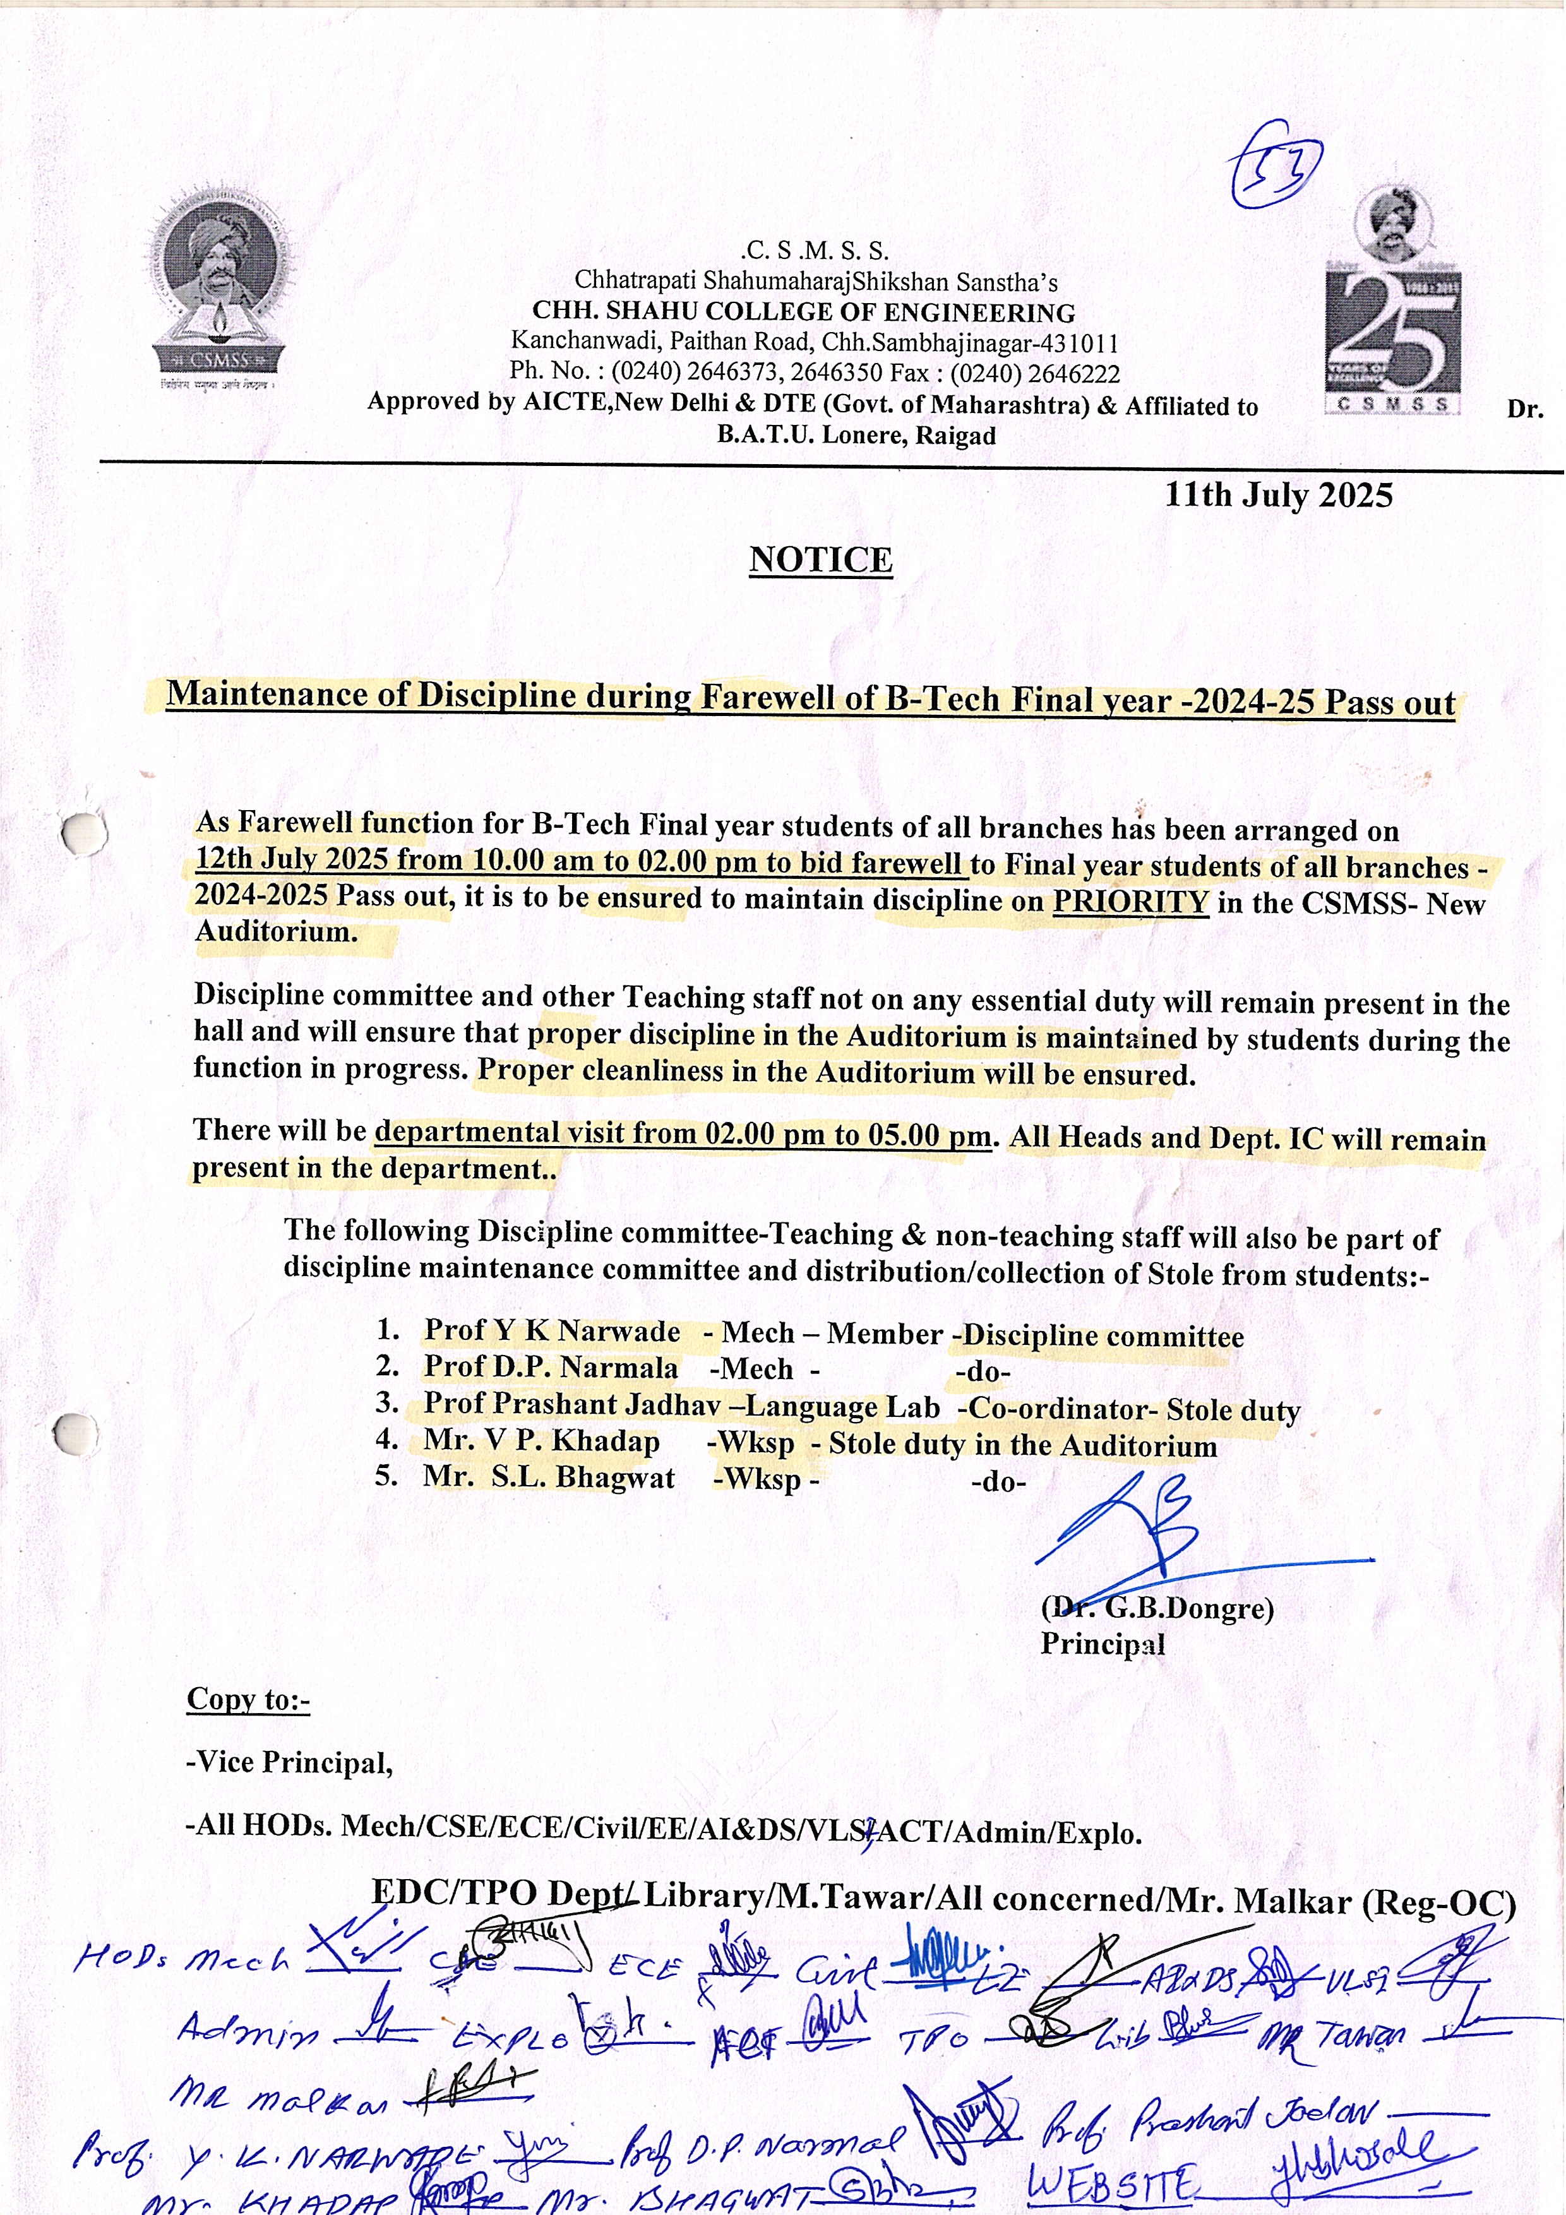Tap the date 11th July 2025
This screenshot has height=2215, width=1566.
point(1279,495)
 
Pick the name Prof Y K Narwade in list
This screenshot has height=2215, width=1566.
point(552,1331)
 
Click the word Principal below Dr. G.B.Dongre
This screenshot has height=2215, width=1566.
point(1102,1644)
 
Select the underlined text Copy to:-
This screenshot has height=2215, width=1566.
point(248,1700)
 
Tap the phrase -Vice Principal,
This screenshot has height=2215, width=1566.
point(289,1762)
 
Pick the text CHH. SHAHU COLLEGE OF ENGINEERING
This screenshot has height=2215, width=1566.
point(804,313)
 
